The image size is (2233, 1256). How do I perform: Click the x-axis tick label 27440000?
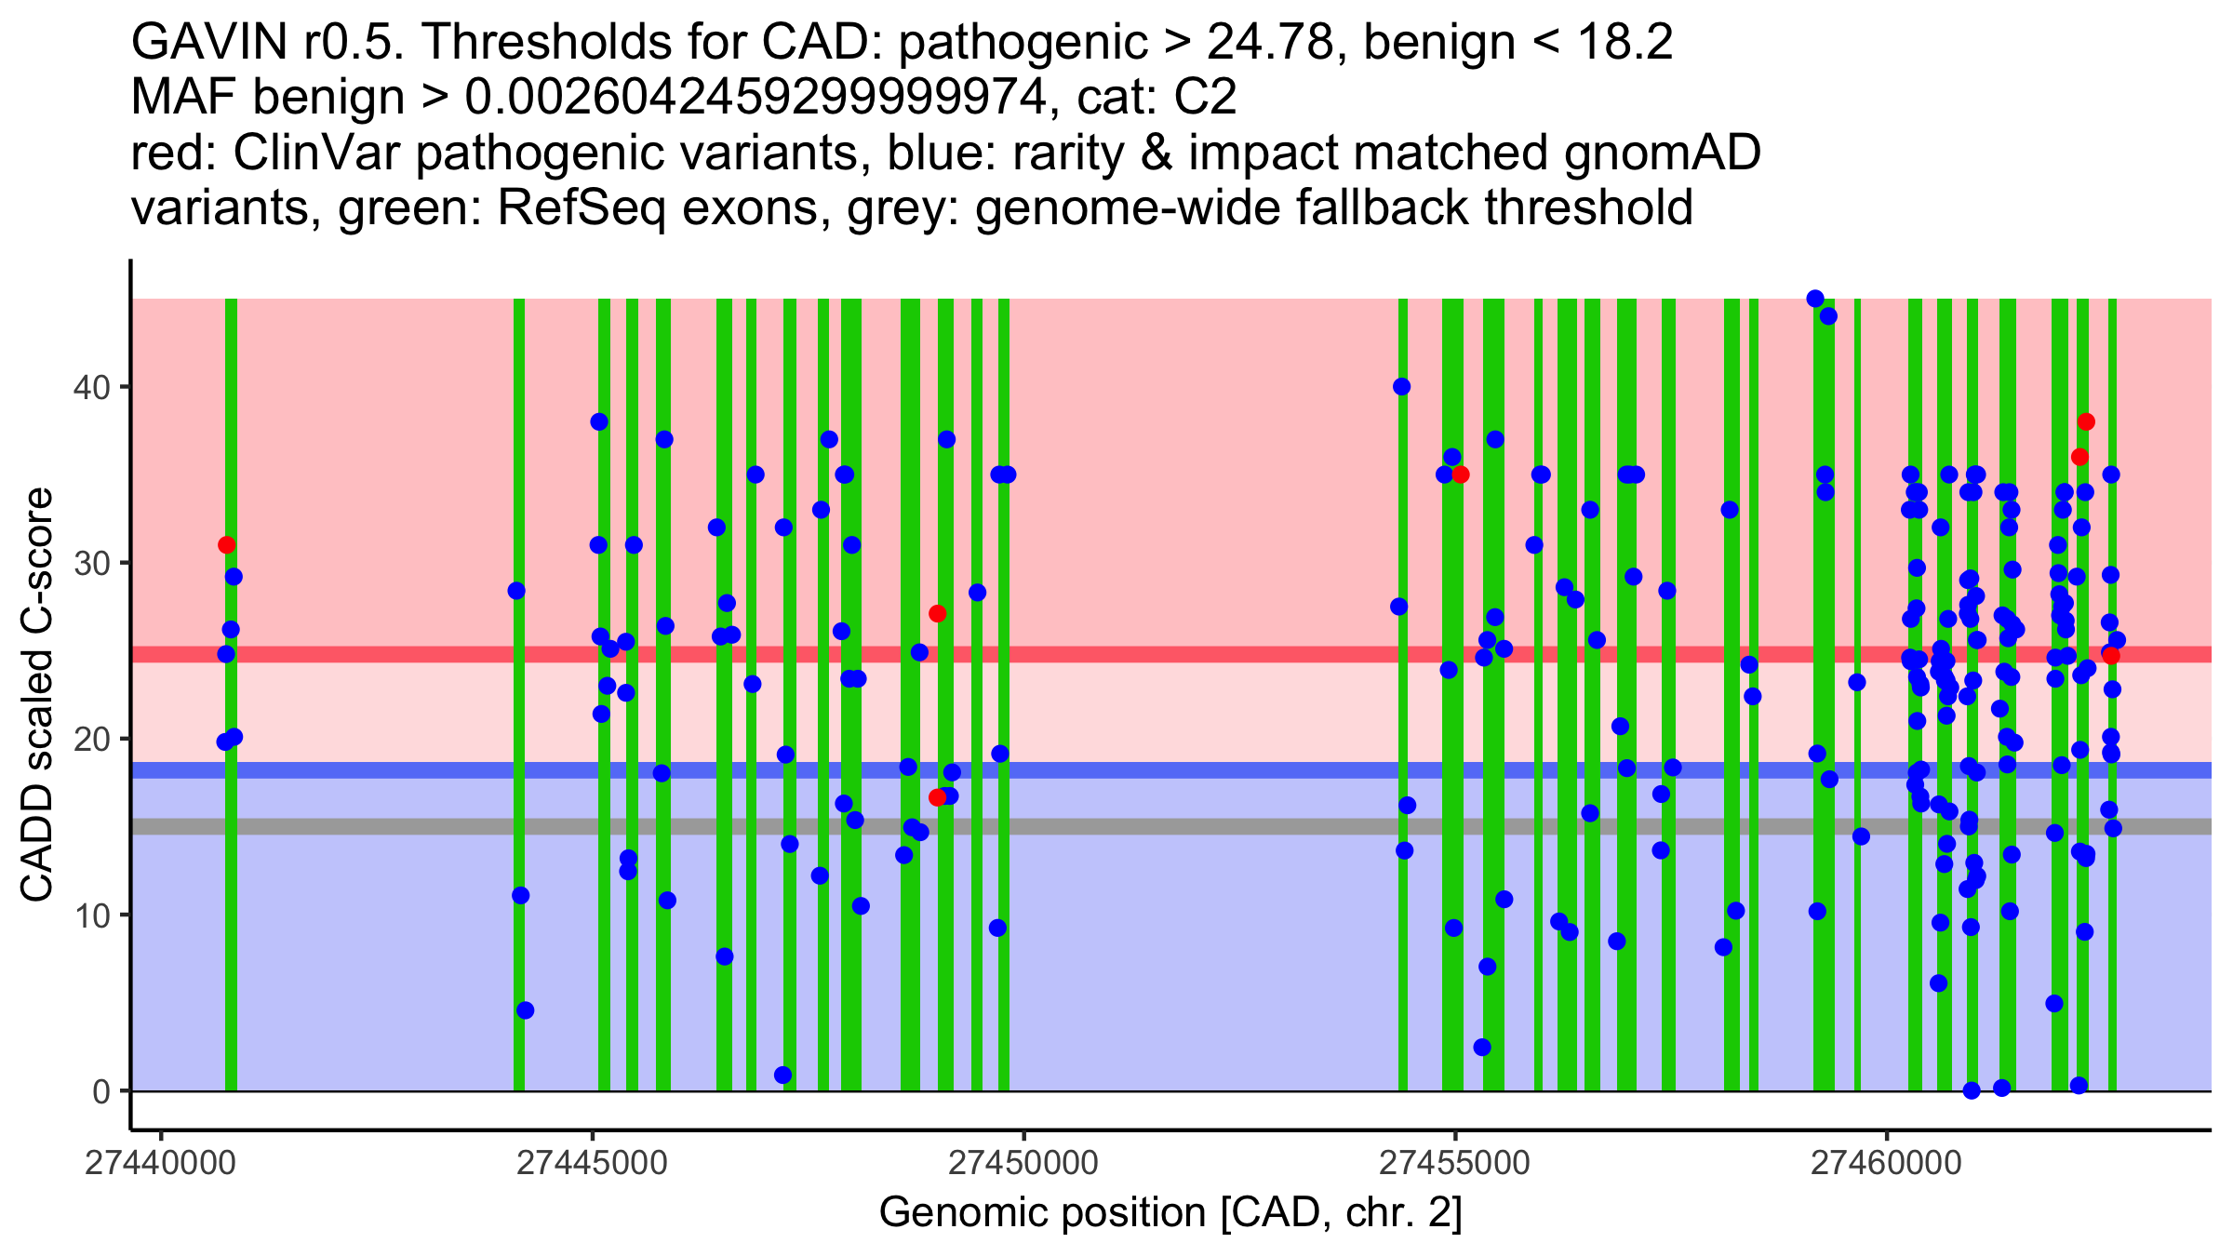(x=160, y=1164)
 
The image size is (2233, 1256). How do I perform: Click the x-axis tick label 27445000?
(x=592, y=1164)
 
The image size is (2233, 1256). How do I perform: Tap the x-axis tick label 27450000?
(x=1023, y=1164)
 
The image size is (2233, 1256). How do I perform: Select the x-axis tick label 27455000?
(x=1455, y=1164)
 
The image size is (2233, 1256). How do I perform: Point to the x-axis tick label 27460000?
(x=1887, y=1164)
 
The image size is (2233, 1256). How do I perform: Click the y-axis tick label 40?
(x=90, y=387)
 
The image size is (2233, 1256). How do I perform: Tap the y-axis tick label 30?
(x=90, y=563)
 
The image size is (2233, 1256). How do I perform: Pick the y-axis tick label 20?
(x=90, y=739)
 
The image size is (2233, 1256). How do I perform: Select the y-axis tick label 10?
(x=90, y=915)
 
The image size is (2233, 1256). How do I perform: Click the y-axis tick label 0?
(x=100, y=1091)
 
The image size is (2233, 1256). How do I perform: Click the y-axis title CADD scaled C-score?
(x=37, y=695)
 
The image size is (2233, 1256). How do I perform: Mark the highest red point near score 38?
(x=2086, y=422)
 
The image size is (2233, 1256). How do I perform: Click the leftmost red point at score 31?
(x=226, y=545)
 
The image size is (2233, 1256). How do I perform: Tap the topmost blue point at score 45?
(x=1815, y=299)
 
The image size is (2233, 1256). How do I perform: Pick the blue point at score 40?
(x=1401, y=387)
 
